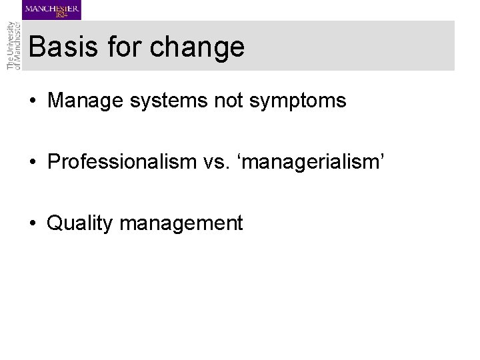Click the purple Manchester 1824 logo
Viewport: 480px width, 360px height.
click(x=52, y=11)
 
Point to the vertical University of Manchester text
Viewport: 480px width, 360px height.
click(x=13, y=45)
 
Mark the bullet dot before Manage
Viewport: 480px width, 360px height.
click(x=33, y=102)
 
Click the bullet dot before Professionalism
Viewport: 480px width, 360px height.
click(x=33, y=163)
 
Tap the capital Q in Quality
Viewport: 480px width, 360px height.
click(x=55, y=223)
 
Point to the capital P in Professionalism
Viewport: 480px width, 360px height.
click(x=55, y=162)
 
